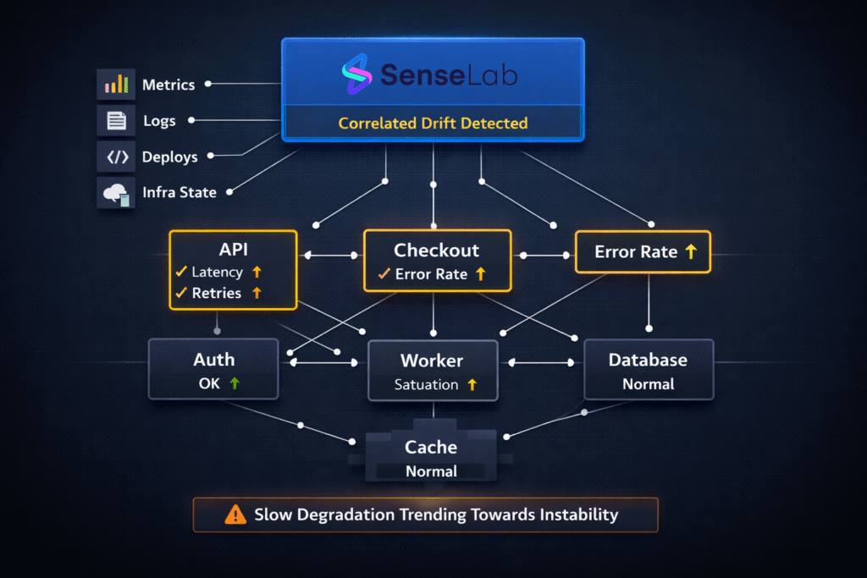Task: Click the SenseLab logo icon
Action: (x=356, y=74)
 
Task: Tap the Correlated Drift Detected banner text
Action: (x=433, y=124)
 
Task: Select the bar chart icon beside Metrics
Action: (x=116, y=85)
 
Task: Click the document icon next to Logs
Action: (x=116, y=121)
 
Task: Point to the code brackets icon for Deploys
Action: (x=116, y=157)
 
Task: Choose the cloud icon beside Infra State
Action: (x=116, y=193)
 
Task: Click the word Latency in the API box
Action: (x=218, y=272)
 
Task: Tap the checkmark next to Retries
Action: (x=180, y=293)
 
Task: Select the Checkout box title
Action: (x=437, y=250)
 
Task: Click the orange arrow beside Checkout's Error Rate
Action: (x=481, y=274)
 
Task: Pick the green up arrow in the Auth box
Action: (x=235, y=383)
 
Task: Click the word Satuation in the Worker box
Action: (x=426, y=385)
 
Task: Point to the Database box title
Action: (x=649, y=360)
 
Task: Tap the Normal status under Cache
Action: (x=431, y=471)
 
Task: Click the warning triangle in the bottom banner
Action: (x=235, y=515)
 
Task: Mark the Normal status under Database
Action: (x=649, y=384)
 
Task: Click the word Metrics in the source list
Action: (x=168, y=85)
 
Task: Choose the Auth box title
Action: (x=214, y=360)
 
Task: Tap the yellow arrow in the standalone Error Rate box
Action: (x=691, y=251)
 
